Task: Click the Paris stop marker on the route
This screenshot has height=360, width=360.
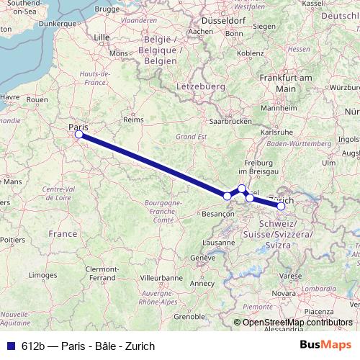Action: pyautogui.click(x=78, y=134)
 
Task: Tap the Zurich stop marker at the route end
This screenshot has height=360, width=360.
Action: pyautogui.click(x=281, y=207)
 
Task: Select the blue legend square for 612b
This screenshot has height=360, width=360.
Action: pyautogui.click(x=7, y=346)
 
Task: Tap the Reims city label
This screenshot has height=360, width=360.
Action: pyautogui.click(x=130, y=120)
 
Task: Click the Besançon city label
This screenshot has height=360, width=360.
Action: pyautogui.click(x=220, y=214)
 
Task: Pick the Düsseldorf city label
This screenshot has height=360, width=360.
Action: pyautogui.click(x=228, y=21)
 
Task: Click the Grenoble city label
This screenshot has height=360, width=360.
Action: pyautogui.click(x=189, y=316)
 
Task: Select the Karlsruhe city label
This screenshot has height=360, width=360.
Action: pyautogui.click(x=276, y=132)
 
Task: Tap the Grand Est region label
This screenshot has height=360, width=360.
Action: pyautogui.click(x=192, y=136)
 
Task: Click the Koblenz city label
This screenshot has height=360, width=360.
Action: pyautogui.click(x=251, y=53)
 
